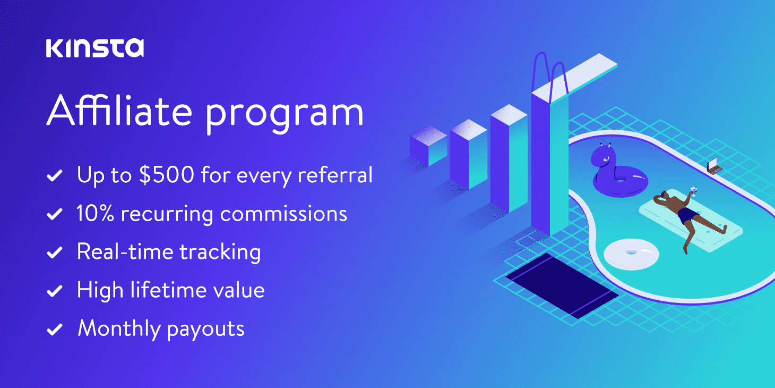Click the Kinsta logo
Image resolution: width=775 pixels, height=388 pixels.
[x=95, y=48]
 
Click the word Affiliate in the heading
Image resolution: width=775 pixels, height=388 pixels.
[x=119, y=110]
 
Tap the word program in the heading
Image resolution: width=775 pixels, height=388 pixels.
[x=285, y=115]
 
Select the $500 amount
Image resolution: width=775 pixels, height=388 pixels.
[x=166, y=174]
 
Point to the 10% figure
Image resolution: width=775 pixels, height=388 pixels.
[x=95, y=213]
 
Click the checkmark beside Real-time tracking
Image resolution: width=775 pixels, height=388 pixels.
[x=55, y=252]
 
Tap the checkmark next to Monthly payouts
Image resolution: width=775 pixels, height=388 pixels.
[x=55, y=329]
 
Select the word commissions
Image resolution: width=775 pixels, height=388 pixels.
[x=283, y=214]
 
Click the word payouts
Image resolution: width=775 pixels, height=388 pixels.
[x=206, y=330]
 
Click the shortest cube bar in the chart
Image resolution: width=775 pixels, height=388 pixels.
[x=428, y=146]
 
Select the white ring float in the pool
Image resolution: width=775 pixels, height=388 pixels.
[x=632, y=254]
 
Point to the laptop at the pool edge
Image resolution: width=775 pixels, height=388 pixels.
[x=714, y=166]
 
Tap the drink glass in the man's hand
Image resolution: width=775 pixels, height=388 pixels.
[x=693, y=190]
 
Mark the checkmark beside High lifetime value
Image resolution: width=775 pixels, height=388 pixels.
[x=55, y=291]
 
